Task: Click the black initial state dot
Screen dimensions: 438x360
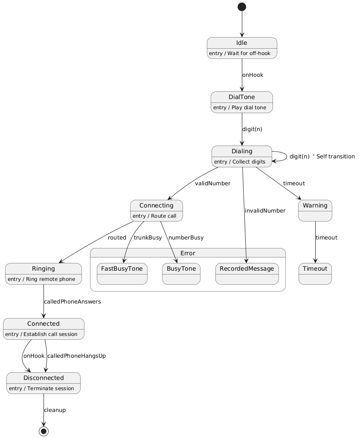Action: (242, 7)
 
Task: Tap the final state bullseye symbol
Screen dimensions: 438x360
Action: (44, 431)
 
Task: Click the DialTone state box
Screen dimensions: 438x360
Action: (242, 102)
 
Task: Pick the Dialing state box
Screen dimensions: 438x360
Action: (242, 156)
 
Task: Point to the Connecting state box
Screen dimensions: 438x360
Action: (157, 210)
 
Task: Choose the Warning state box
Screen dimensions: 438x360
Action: (315, 210)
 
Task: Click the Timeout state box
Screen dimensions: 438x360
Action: (315, 274)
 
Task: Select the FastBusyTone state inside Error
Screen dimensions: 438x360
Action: (122, 274)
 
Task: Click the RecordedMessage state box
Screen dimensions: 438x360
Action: (247, 274)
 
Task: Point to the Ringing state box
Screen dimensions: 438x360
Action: (44, 274)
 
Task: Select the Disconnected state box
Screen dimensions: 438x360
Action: (44, 383)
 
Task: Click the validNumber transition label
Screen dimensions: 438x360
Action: (212, 184)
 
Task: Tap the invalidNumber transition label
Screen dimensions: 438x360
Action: (265, 210)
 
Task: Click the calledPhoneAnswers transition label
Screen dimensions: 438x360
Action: (73, 302)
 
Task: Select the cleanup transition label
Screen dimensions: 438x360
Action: (55, 410)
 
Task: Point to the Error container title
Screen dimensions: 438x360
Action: (188, 253)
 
